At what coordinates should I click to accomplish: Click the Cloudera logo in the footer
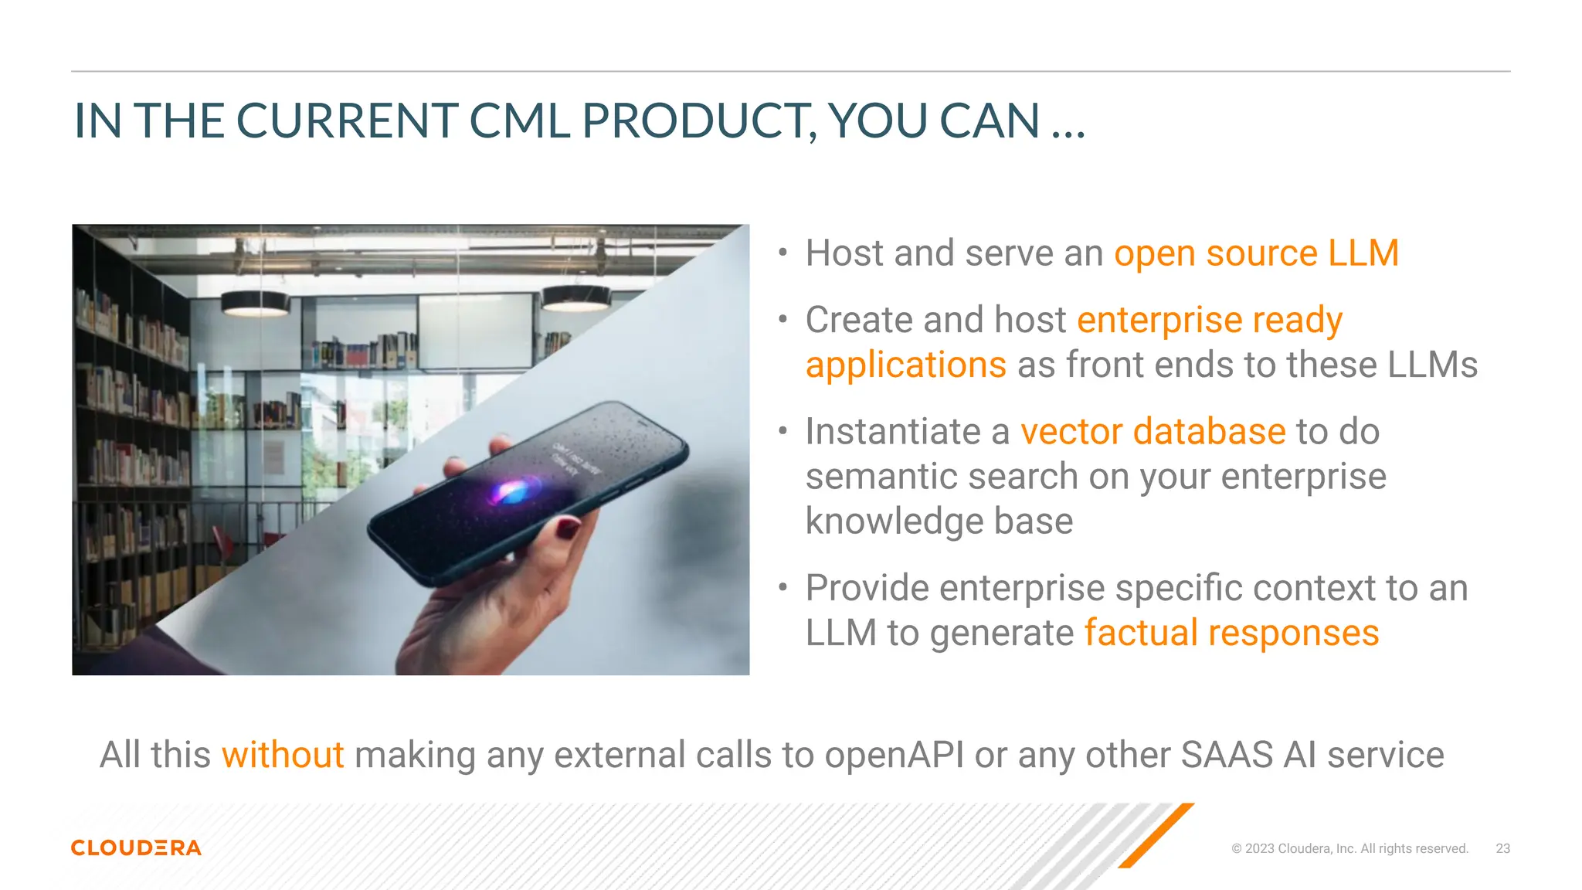pos(136,848)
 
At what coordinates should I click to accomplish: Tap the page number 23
pos(1502,848)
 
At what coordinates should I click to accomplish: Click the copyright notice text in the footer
pos(1349,848)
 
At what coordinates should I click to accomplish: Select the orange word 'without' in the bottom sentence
pos(283,755)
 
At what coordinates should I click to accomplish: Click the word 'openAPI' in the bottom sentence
pos(894,755)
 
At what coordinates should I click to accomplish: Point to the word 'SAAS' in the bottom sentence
pos(1227,755)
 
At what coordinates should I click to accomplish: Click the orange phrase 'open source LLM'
pos(1256,253)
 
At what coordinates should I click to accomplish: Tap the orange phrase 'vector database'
pos(1153,431)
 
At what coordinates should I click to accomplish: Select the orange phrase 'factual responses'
pos(1231,633)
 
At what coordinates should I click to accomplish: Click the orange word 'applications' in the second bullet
pos(905,365)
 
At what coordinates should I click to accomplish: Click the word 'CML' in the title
pos(519,121)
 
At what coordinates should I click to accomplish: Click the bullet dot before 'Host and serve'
pos(783,253)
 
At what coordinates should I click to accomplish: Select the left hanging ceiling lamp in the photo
pos(256,303)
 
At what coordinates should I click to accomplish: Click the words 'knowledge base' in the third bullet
pos(939,521)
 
